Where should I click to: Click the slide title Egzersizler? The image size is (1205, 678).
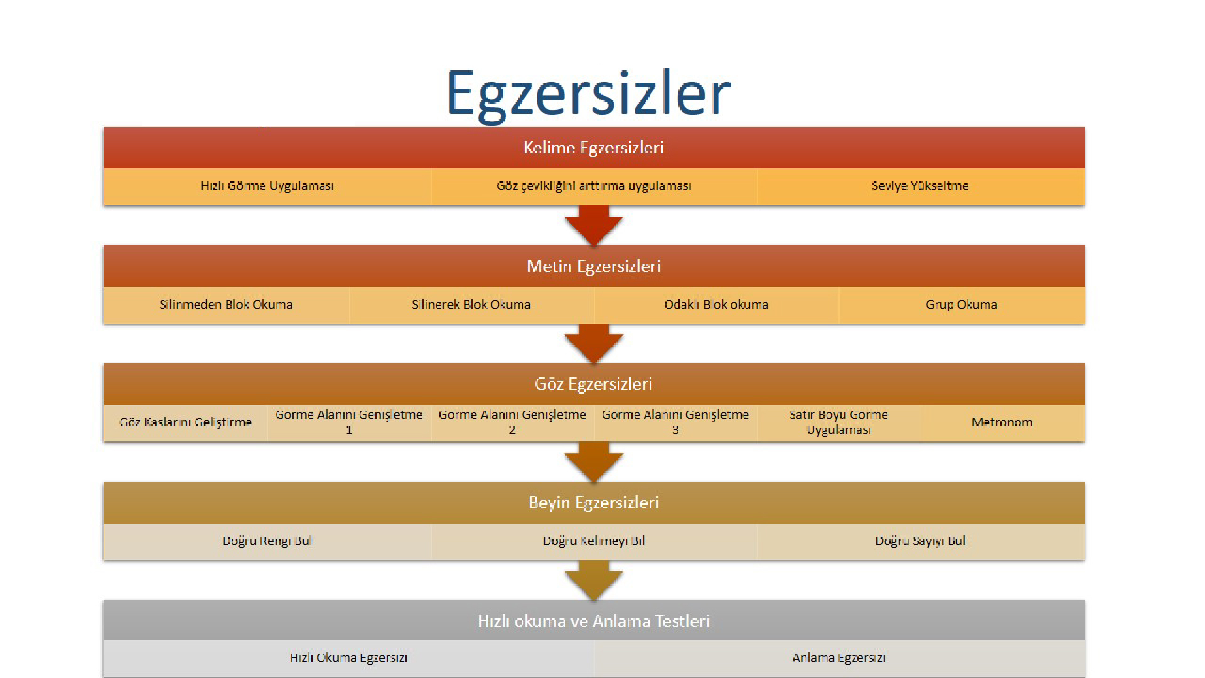pos(588,93)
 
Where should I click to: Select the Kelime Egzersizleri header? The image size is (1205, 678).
pos(594,148)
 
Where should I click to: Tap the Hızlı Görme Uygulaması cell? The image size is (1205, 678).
pos(267,186)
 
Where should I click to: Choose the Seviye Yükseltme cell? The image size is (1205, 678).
pos(920,186)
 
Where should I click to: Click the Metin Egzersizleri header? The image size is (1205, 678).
pos(594,266)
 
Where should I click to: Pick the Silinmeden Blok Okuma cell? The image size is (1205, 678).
pos(226,304)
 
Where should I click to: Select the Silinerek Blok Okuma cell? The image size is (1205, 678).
pos(471,304)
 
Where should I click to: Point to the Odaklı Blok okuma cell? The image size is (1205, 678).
pos(716,304)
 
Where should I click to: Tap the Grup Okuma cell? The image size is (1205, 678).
pos(961,304)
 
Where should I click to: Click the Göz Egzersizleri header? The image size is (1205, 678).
pos(594,384)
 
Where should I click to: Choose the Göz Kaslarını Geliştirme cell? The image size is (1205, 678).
pos(186,422)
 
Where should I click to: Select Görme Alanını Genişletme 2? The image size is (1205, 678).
pos(512,422)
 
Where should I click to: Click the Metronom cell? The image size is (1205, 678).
pos(1002,422)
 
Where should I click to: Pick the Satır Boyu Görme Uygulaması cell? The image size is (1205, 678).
pos(838,422)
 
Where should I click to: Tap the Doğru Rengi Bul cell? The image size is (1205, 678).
pos(267,541)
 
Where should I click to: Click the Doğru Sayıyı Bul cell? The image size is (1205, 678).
pos(920,541)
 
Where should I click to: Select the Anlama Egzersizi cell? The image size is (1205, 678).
pos(838,658)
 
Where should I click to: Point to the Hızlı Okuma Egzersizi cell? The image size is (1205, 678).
pos(348,658)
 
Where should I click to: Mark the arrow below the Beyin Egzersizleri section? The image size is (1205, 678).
pos(594,580)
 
